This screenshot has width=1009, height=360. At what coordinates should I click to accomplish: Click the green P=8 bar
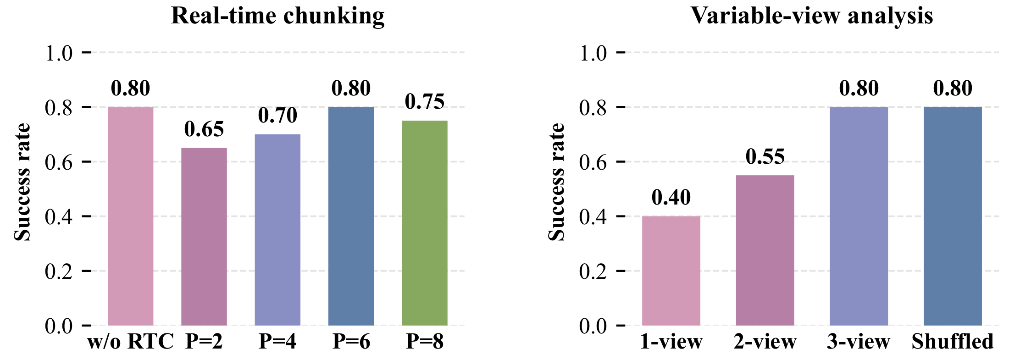425,223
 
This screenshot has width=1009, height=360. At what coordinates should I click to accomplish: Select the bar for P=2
204,237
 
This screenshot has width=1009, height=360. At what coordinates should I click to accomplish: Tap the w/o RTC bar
131,216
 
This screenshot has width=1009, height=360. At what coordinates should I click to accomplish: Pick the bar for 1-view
671,271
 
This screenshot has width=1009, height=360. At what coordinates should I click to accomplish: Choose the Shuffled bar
953,216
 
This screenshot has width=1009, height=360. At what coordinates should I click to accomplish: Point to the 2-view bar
765,250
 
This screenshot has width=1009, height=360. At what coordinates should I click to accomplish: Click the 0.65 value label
204,129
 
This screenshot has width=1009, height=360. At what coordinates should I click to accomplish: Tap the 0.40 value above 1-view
671,197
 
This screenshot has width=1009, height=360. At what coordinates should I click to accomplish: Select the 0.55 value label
765,156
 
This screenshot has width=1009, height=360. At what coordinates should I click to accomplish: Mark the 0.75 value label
425,102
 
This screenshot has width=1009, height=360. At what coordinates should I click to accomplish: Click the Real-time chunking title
278,17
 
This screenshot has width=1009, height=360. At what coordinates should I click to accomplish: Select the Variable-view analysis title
812,17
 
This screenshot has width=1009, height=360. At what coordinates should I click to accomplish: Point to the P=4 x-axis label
277,342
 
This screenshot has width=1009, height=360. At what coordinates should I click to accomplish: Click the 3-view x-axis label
859,342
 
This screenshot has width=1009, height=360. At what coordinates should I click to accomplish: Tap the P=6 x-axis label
351,342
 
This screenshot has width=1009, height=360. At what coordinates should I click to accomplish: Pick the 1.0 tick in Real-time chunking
59,53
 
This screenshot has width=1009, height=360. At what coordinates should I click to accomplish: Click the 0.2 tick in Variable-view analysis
593,271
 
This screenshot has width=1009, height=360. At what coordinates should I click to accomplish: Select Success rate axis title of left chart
22,182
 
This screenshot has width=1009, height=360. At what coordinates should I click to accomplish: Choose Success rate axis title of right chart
556,182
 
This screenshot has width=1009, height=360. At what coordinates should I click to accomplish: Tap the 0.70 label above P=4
277,116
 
